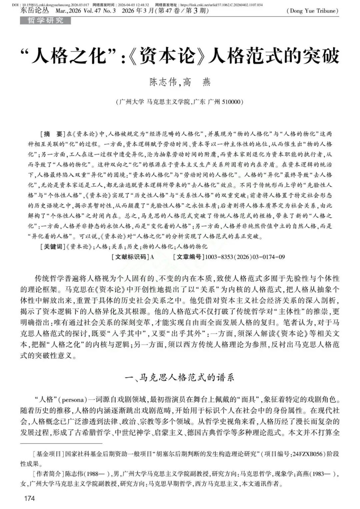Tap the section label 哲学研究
click(45, 20)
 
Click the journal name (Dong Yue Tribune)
click(312, 11)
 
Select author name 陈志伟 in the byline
click(163, 82)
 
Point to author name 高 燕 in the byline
click(197, 82)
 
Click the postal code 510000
click(230, 102)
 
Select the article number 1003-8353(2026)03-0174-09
click(245, 257)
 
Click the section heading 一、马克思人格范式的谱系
click(179, 377)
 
